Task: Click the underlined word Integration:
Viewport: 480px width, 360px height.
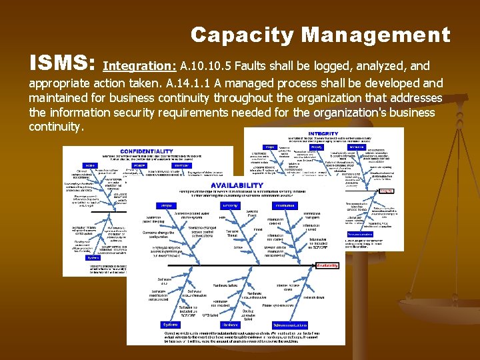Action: click(140, 66)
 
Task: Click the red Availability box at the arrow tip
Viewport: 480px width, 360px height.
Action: click(327, 265)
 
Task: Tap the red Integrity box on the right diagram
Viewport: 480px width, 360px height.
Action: click(385, 191)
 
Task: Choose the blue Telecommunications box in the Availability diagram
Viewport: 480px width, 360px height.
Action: click(281, 325)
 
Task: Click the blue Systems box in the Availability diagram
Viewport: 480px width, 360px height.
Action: click(171, 325)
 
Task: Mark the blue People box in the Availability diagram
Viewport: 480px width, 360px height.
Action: click(167, 206)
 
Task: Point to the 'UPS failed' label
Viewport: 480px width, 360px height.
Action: click(209, 312)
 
